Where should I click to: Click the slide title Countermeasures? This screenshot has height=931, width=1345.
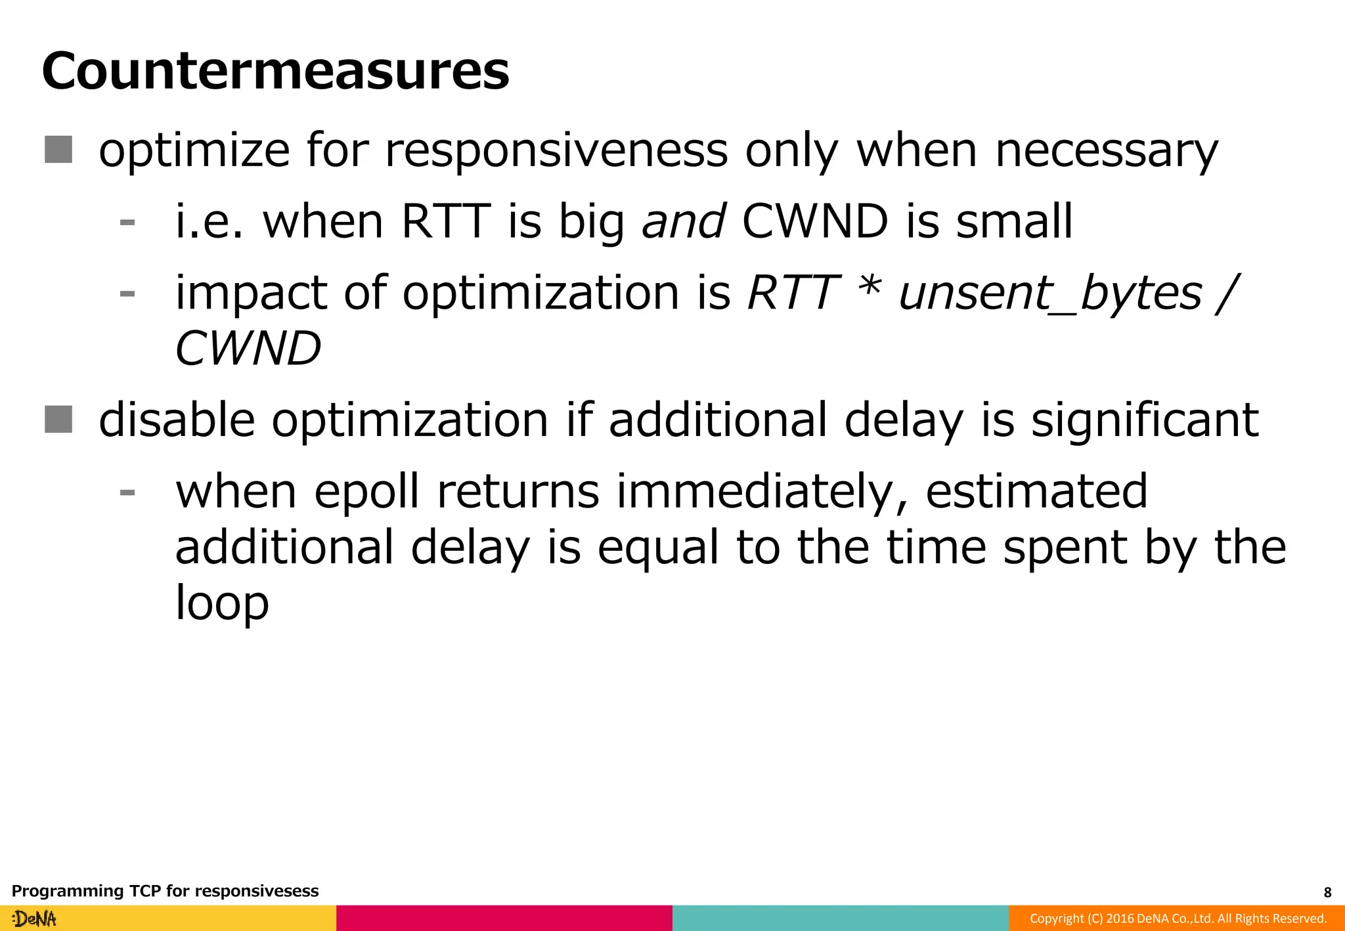coord(275,71)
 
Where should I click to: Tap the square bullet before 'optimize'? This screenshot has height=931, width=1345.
coord(58,150)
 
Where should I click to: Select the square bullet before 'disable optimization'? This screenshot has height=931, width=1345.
coord(58,420)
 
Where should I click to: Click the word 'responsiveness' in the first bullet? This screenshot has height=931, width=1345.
coord(556,151)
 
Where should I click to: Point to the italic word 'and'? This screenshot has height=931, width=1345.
coord(683,221)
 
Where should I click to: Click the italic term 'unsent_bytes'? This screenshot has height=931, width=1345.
coord(1050,293)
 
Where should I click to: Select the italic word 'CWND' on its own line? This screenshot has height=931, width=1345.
coord(248,348)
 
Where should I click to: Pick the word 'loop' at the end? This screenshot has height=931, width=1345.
coord(222,603)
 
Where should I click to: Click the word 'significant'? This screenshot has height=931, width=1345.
coord(1144,420)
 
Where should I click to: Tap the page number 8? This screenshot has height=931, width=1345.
coord(1327,892)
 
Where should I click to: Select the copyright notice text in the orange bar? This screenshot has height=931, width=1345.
coord(1178,919)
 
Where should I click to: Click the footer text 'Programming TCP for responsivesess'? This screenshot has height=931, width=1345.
coord(165,891)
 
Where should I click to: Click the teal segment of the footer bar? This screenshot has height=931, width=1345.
coord(840,919)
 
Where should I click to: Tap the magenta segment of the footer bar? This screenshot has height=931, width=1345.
coord(504,919)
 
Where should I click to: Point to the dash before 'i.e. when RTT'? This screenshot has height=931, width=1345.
coord(127,223)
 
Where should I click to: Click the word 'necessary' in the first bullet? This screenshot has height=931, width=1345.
coord(1107,151)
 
